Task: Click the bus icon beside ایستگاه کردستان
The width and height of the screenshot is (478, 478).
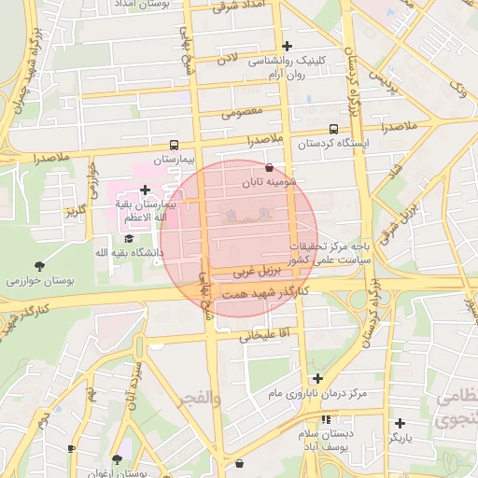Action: coord(334,131)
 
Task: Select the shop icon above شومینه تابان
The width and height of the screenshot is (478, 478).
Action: coord(270,168)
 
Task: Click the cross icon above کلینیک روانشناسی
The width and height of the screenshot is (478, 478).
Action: coord(287,46)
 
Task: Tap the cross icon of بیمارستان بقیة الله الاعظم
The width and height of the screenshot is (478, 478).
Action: coord(145,190)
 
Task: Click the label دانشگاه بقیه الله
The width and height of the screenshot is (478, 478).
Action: coord(129,252)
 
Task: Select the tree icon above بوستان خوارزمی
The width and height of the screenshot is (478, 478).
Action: coord(38,266)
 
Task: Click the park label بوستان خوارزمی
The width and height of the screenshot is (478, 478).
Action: coord(39,280)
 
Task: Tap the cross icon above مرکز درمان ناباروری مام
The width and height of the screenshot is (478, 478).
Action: coord(318,378)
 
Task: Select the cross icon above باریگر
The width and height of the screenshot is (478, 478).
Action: coord(400,423)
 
